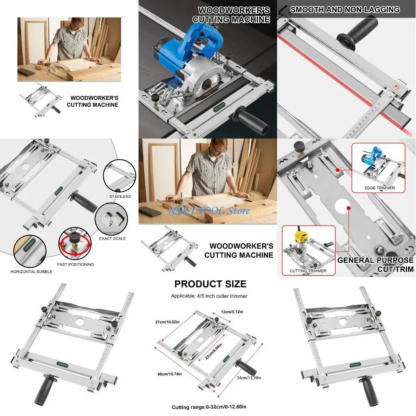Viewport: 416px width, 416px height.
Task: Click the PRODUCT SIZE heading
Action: (x=210, y=284)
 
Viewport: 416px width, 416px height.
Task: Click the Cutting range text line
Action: (x=209, y=407)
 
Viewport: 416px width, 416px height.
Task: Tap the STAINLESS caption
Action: (x=120, y=197)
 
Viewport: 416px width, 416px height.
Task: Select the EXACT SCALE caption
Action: (x=113, y=238)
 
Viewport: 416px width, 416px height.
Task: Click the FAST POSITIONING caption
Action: (x=76, y=264)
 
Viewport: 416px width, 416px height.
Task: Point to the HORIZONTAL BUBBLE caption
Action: (x=31, y=272)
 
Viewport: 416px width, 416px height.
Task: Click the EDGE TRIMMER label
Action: (x=379, y=188)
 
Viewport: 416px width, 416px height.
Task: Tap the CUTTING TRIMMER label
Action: (x=308, y=271)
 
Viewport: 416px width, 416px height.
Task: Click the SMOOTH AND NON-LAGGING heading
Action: (x=345, y=10)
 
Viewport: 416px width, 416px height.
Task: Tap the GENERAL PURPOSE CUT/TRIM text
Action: (x=375, y=264)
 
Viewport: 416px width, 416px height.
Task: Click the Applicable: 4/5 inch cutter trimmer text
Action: (x=209, y=296)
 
